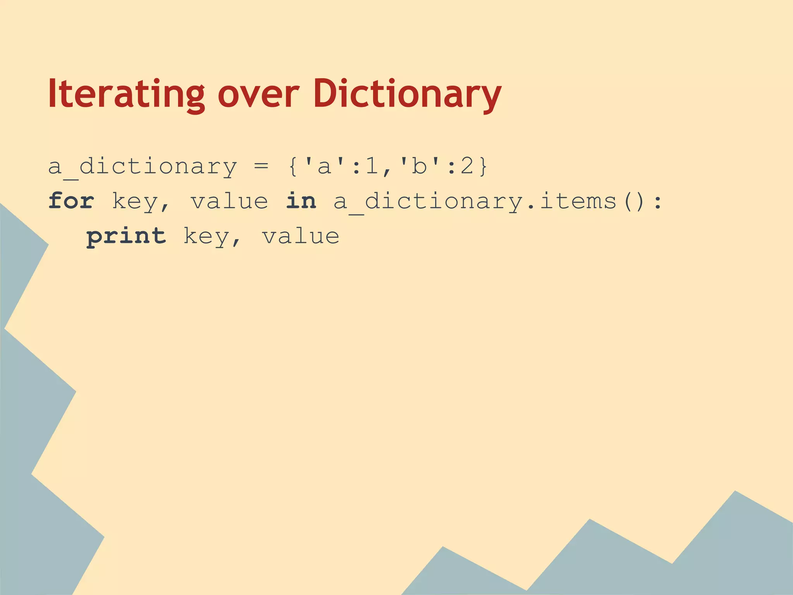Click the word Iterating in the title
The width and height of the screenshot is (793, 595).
click(x=126, y=94)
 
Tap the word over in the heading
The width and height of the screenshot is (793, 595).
click(x=258, y=94)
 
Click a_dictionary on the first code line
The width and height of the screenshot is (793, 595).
click(x=142, y=167)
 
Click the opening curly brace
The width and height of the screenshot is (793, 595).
click(x=293, y=167)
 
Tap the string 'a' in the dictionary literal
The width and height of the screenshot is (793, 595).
click(x=324, y=167)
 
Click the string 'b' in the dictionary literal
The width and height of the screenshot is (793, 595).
click(x=419, y=167)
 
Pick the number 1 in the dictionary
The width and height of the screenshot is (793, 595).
click(x=372, y=167)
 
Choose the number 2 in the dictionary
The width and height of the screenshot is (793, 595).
click(x=467, y=167)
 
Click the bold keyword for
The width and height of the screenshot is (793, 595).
click(x=71, y=201)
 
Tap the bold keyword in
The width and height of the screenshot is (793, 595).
click(x=301, y=201)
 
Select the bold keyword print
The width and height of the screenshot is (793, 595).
click(x=126, y=236)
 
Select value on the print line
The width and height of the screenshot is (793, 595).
click(x=301, y=236)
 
